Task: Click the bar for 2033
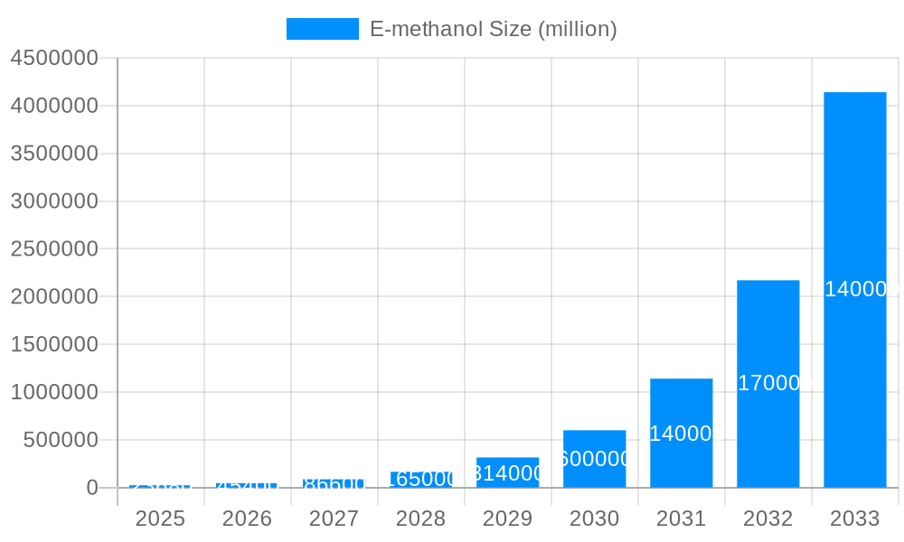pyautogui.click(x=854, y=289)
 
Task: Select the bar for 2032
pyautogui.click(x=767, y=384)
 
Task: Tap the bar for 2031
pyautogui.click(x=681, y=434)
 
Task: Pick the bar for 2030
pyautogui.click(x=594, y=459)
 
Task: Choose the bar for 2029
pyautogui.click(x=507, y=472)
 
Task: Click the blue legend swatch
pyautogui.click(x=322, y=29)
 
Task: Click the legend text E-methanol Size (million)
pyautogui.click(x=493, y=29)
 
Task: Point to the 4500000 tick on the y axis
pyautogui.click(x=54, y=58)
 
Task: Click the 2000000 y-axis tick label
pyautogui.click(x=54, y=296)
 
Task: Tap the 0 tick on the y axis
pyautogui.click(x=92, y=488)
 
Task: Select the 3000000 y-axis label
pyautogui.click(x=54, y=201)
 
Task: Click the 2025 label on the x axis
pyautogui.click(x=160, y=519)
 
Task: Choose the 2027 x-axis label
pyautogui.click(x=334, y=519)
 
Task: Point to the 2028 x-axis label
pyautogui.click(x=420, y=519)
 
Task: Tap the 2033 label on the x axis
pyautogui.click(x=854, y=519)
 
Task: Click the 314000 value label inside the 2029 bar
pyautogui.click(x=507, y=473)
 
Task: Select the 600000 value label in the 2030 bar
pyautogui.click(x=594, y=459)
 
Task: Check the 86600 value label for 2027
pyautogui.click(x=334, y=484)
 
